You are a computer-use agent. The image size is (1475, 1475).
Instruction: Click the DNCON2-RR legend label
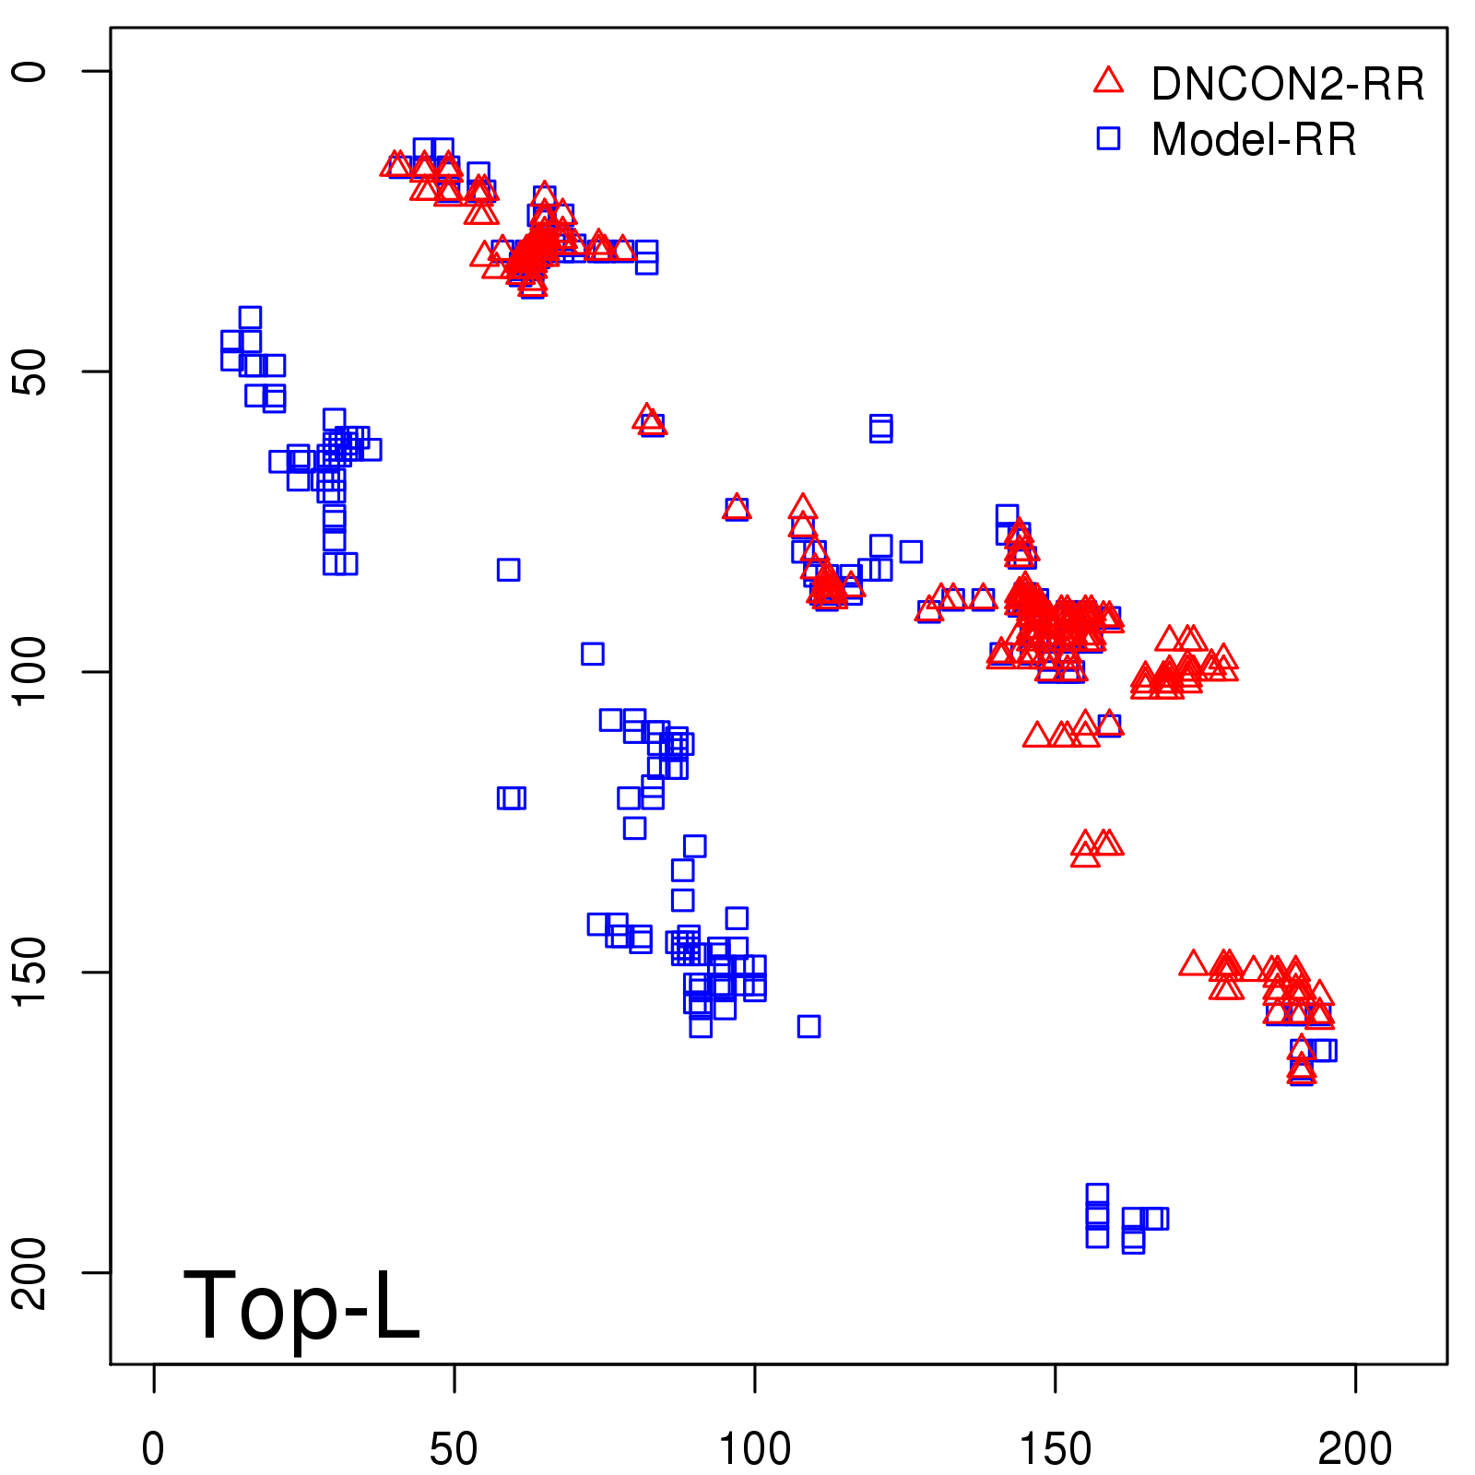[x=1287, y=84]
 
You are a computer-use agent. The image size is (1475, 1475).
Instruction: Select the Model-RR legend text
[x=1254, y=139]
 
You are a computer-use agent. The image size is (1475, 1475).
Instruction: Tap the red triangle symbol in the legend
[x=1108, y=81]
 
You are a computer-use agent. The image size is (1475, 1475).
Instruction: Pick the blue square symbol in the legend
[x=1108, y=138]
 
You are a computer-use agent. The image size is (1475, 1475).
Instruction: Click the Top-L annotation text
[x=301, y=1304]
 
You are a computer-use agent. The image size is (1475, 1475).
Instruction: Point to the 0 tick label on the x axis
[x=153, y=1449]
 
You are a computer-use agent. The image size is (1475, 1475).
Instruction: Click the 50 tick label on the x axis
[x=454, y=1449]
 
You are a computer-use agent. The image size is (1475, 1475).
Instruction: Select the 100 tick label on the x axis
[x=754, y=1449]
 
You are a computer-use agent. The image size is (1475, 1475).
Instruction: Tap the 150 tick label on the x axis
[x=1055, y=1449]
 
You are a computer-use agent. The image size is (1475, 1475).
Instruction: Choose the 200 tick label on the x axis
[x=1355, y=1449]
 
